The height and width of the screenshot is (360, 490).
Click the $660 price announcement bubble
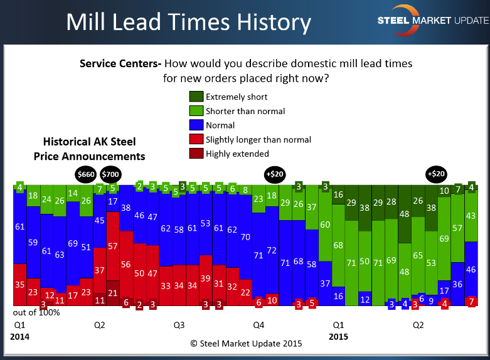pyautogui.click(x=86, y=174)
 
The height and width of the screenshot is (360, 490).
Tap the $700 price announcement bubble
pyautogui.click(x=110, y=174)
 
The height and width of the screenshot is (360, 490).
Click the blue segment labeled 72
pyautogui.click(x=272, y=250)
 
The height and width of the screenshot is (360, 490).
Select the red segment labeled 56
pyautogui.click(x=126, y=265)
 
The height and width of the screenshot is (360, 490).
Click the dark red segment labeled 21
pyautogui.click(x=113, y=293)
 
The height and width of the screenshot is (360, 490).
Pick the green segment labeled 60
pyautogui.click(x=325, y=225)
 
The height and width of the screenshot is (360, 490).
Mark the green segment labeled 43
pyautogui.click(x=471, y=215)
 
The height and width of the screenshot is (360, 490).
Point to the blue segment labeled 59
pyautogui.click(x=33, y=241)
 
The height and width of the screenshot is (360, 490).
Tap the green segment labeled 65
pyautogui.click(x=418, y=255)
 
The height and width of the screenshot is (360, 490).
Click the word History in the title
pyautogui.click(x=262, y=23)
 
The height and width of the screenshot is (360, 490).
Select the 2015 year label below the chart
pyautogui.click(x=339, y=337)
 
